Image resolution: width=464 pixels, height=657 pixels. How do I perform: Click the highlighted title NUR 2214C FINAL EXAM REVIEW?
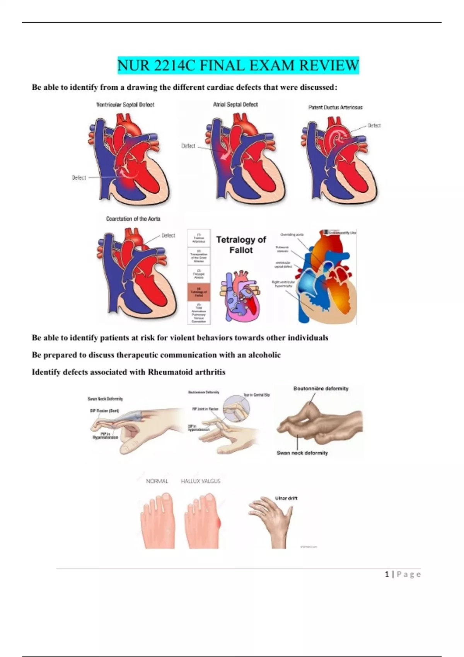[x=238, y=65]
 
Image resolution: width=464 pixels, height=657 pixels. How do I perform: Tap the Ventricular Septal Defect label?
[x=125, y=105]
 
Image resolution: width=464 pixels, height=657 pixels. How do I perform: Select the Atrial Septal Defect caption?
[x=235, y=104]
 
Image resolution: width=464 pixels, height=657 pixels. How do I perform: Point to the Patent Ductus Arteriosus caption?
[x=335, y=107]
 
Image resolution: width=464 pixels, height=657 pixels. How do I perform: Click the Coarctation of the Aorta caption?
[x=133, y=219]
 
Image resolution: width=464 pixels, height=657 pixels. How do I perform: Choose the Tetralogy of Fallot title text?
[x=241, y=245]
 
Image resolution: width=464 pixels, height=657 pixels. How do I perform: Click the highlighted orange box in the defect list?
[x=199, y=292]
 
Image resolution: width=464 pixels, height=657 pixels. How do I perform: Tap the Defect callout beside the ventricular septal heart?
[x=79, y=178]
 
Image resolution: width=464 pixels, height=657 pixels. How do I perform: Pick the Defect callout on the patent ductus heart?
[x=374, y=126]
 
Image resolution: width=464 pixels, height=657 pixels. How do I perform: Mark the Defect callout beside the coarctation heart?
[x=168, y=235]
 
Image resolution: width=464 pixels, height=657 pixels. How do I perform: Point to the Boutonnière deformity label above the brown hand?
[x=321, y=388]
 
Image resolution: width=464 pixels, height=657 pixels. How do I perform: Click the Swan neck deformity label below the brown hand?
[x=302, y=453]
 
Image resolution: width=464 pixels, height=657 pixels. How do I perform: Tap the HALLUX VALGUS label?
[x=201, y=481]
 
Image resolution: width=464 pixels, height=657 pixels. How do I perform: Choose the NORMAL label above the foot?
[x=157, y=481]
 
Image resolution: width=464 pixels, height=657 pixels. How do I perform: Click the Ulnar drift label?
[x=286, y=498]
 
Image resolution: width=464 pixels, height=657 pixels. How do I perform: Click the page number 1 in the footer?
[x=387, y=574]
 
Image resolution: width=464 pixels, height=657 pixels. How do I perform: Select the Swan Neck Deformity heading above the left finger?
[x=105, y=399]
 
